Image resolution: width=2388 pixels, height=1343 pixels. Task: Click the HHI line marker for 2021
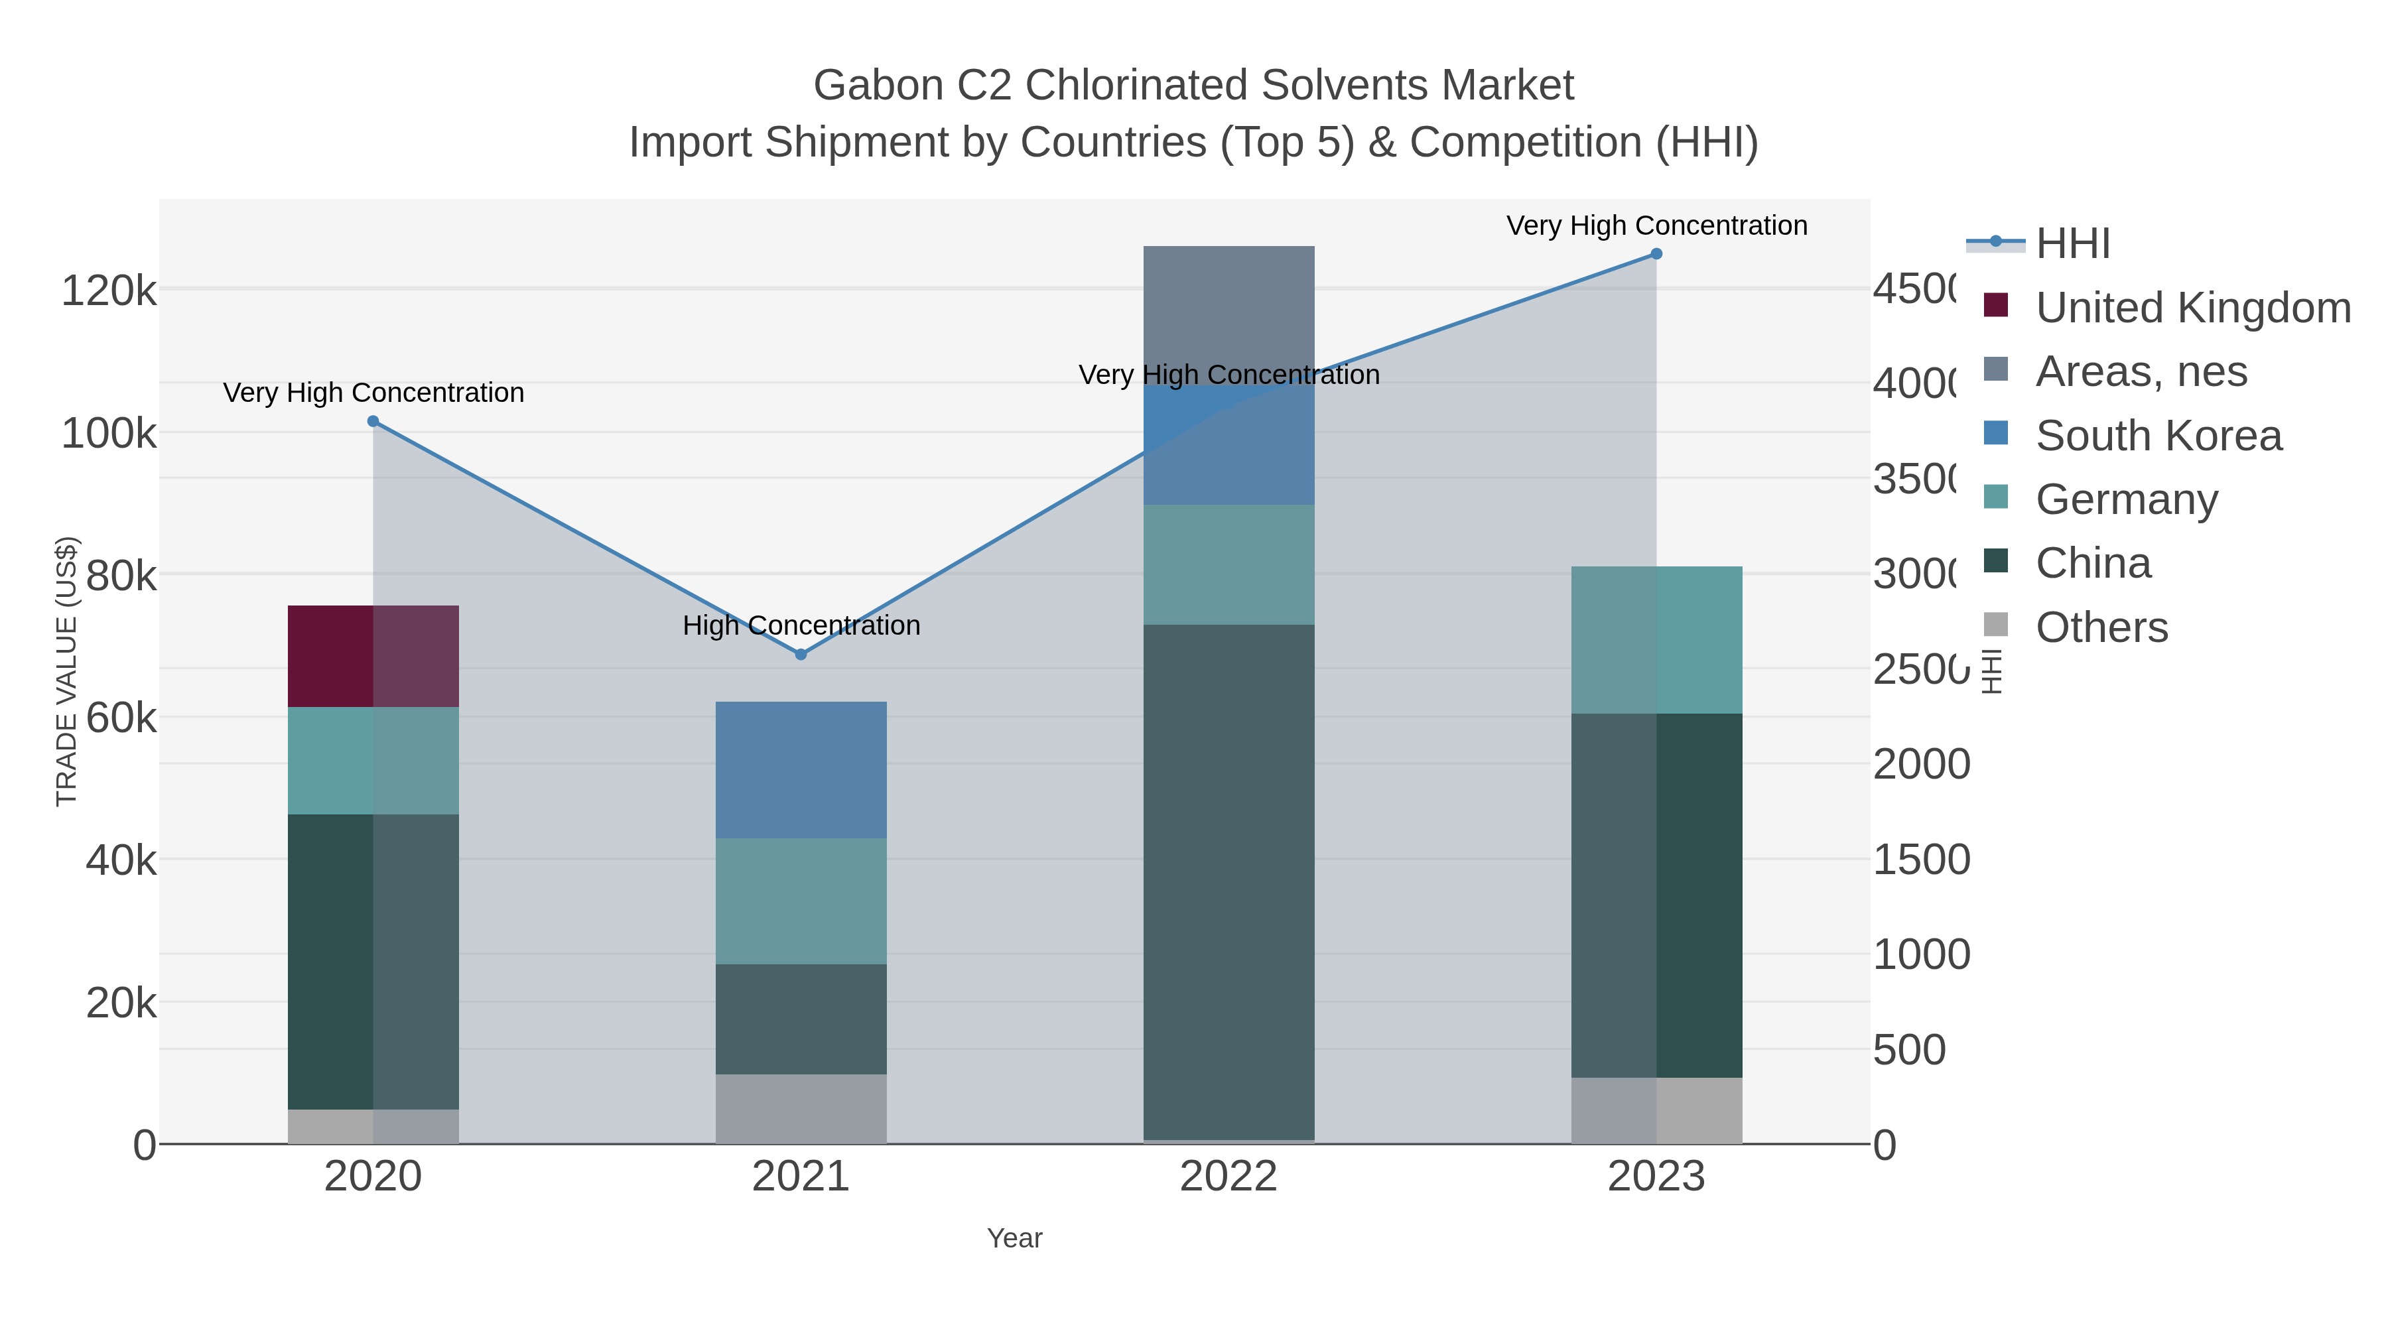(801, 655)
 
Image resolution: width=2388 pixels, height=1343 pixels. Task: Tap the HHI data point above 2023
(1656, 254)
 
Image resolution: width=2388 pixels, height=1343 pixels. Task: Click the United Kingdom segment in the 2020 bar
(373, 656)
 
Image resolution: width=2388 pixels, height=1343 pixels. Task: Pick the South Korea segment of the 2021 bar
(801, 770)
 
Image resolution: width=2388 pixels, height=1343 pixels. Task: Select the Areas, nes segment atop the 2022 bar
(1228, 315)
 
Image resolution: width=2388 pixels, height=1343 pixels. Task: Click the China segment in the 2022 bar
(1228, 881)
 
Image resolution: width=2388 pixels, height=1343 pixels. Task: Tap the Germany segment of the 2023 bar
(1656, 639)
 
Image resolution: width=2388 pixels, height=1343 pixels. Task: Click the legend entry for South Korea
(2158, 436)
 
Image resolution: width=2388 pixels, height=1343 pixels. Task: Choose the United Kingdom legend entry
(2192, 308)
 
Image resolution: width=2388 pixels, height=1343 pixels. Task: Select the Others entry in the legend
(2101, 627)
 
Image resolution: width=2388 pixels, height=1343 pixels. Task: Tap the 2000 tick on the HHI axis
(1921, 765)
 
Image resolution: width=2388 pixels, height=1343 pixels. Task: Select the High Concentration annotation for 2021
(801, 625)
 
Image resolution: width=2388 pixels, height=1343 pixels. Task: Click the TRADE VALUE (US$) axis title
(67, 671)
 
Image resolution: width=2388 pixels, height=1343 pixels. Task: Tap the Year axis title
(1014, 1238)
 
